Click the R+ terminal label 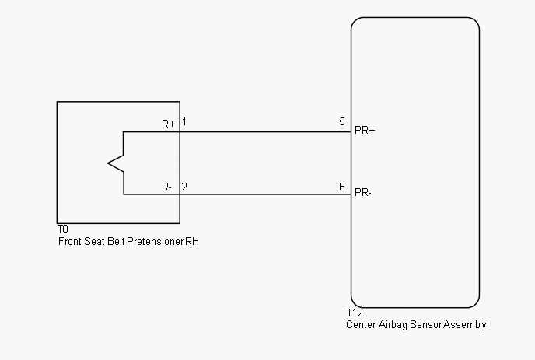[x=169, y=124]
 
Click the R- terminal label [x=166, y=187]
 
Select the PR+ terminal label [x=365, y=130]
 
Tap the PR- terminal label [x=363, y=193]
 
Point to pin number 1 [x=184, y=121]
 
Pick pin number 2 [x=184, y=187]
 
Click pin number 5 [x=342, y=121]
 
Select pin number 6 [x=342, y=187]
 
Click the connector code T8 [x=63, y=229]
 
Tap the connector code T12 [x=355, y=313]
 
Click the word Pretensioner [x=156, y=241]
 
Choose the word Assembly [x=465, y=325]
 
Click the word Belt [x=117, y=241]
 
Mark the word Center [x=361, y=324]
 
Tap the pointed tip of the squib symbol [x=108, y=163]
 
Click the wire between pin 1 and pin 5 [x=265, y=131]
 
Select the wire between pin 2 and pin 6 [x=265, y=194]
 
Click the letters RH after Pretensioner [x=192, y=241]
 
